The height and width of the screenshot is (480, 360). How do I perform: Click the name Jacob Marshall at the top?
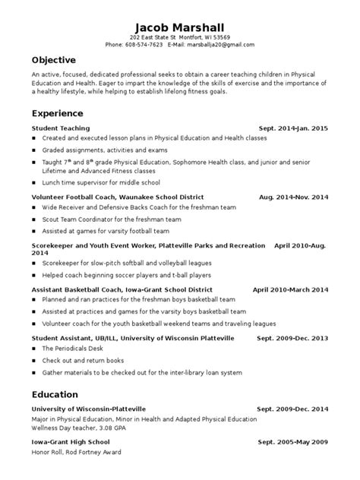click(x=179, y=24)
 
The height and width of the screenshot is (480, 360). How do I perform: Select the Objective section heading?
click(x=54, y=60)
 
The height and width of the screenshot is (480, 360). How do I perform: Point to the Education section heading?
click(x=55, y=394)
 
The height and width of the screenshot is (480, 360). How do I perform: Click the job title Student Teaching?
click(x=61, y=129)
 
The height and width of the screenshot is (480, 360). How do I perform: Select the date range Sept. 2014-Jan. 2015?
click(x=293, y=129)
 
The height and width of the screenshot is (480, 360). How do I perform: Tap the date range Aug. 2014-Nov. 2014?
click(x=293, y=197)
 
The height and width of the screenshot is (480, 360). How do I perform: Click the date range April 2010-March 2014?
click(x=290, y=289)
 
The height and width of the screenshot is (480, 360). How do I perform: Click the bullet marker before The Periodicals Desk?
click(x=34, y=348)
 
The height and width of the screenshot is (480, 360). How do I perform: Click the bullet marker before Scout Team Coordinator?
click(x=34, y=219)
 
